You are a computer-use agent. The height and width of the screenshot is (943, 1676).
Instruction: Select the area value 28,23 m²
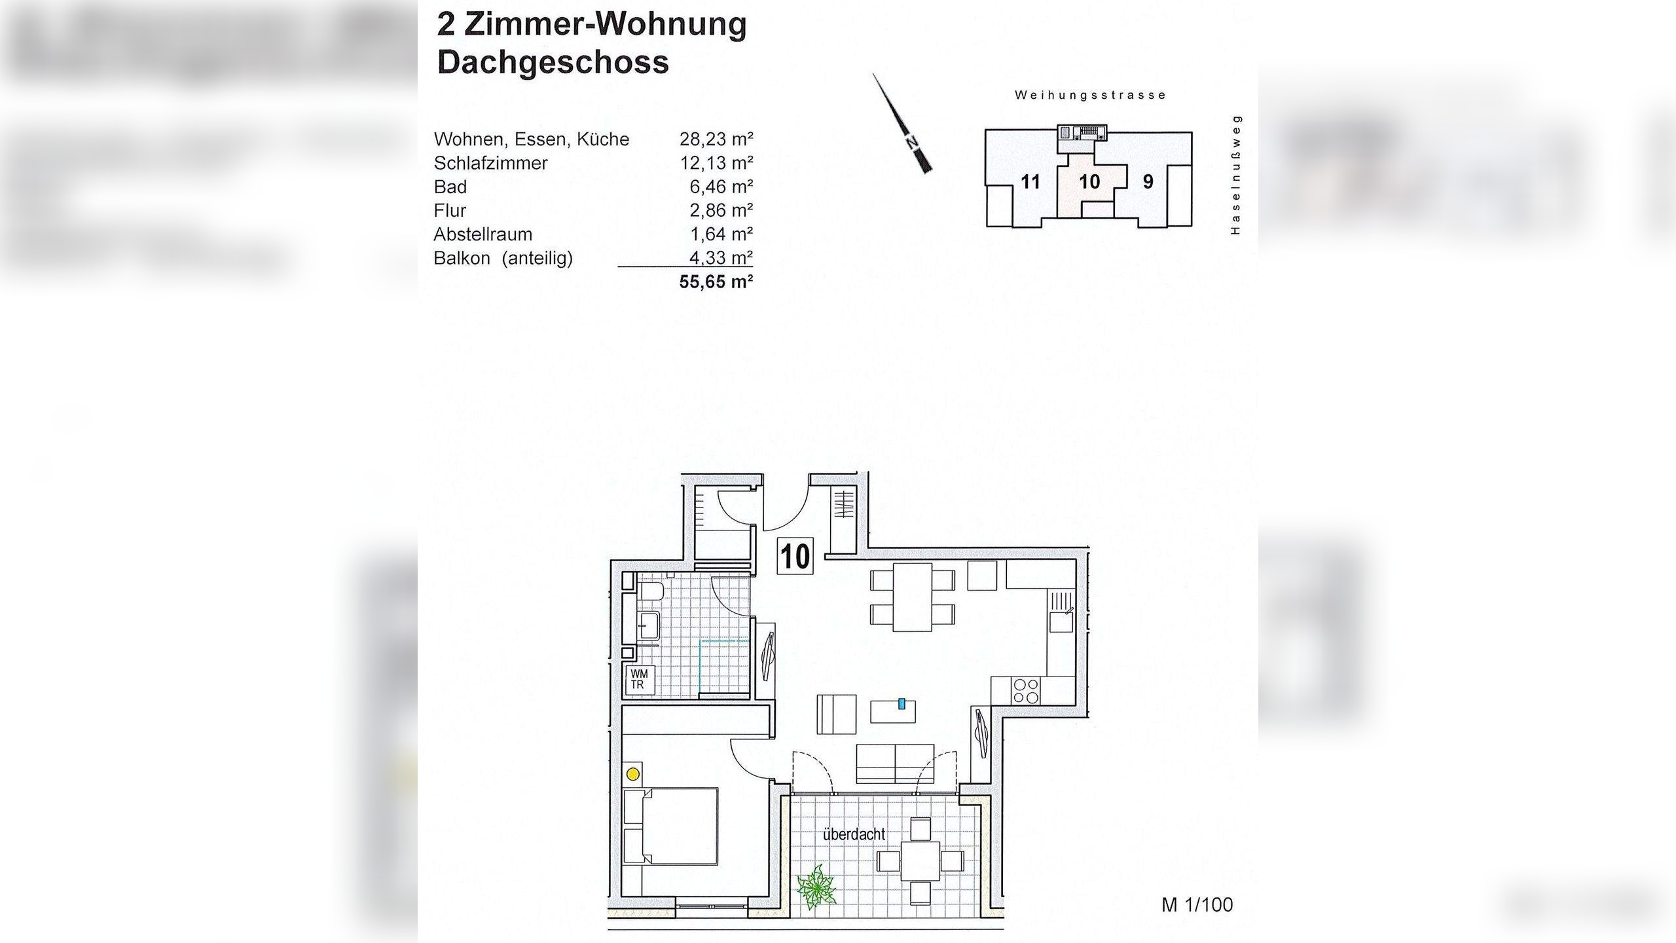click(x=716, y=139)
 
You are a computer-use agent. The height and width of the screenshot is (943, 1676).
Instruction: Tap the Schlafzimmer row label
click(x=490, y=163)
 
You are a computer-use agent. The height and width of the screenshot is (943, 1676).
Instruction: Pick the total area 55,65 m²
click(x=716, y=282)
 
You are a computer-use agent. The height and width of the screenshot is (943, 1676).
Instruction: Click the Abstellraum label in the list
click(x=483, y=234)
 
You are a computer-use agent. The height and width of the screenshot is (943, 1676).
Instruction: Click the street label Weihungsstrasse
click(x=1090, y=95)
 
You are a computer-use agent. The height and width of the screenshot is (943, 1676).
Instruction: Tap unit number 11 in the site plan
click(x=1030, y=182)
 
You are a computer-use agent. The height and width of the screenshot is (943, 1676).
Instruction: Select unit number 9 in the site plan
click(x=1148, y=182)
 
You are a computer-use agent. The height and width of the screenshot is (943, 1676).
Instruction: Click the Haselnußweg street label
click(x=1235, y=175)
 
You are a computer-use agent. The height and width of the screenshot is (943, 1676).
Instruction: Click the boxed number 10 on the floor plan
click(x=795, y=557)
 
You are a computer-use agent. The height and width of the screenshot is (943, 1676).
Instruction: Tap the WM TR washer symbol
click(x=638, y=679)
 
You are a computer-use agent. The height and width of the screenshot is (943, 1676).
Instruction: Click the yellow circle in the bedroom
click(x=633, y=774)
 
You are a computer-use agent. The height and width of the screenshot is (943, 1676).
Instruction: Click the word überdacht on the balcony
click(x=854, y=835)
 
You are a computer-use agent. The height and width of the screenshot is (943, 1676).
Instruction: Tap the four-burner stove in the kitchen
click(x=1026, y=691)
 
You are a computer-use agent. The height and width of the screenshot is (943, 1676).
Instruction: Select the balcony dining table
click(x=920, y=860)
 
